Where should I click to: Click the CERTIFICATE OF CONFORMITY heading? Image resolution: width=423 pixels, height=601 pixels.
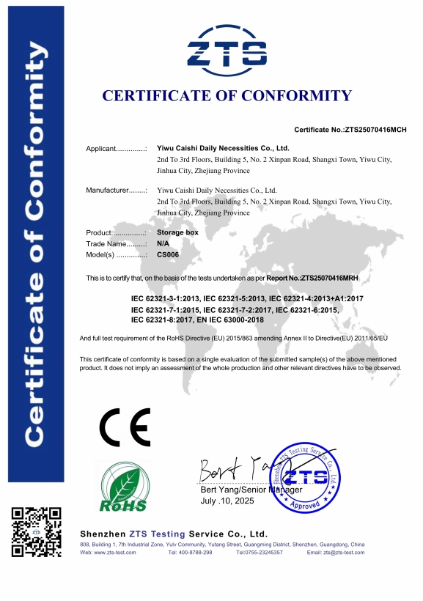(x=227, y=95)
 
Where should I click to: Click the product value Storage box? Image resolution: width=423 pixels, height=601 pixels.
(x=177, y=232)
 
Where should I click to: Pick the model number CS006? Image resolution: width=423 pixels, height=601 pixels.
(x=168, y=254)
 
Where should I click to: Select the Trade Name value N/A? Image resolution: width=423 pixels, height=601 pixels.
(x=163, y=243)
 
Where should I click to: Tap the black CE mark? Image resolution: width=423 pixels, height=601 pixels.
(x=125, y=427)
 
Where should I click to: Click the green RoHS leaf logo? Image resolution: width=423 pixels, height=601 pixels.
(x=123, y=485)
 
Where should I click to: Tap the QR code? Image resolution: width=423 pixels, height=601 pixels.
(x=37, y=531)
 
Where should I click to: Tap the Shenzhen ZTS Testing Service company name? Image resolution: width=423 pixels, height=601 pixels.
(x=173, y=534)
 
